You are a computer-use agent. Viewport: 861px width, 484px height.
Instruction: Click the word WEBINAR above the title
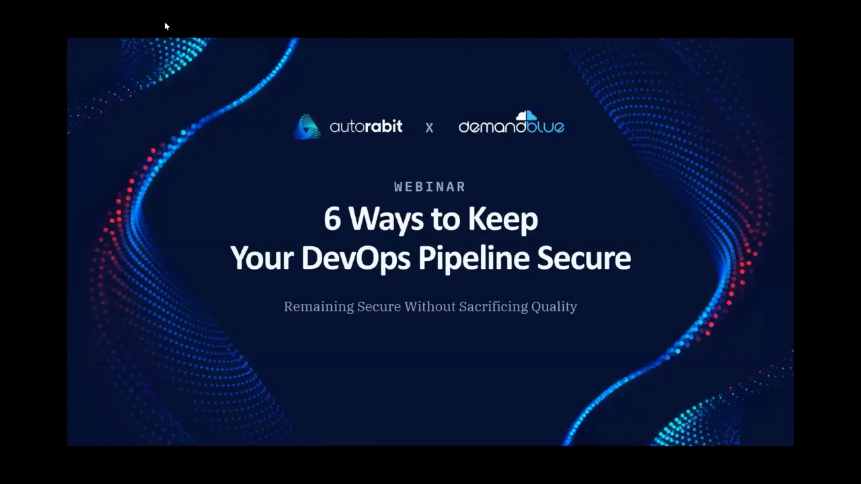pyautogui.click(x=430, y=187)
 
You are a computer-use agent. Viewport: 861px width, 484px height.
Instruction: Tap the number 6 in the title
pyautogui.click(x=332, y=220)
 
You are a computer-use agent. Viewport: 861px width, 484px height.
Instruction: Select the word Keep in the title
pyautogui.click(x=502, y=220)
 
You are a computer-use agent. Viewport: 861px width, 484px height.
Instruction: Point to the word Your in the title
pyautogui.click(x=261, y=259)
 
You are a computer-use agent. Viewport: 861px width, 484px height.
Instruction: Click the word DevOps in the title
pyautogui.click(x=355, y=259)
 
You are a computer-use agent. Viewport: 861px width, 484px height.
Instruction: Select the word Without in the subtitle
pyautogui.click(x=429, y=307)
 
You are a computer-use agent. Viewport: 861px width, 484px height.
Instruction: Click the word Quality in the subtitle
pyautogui.click(x=554, y=307)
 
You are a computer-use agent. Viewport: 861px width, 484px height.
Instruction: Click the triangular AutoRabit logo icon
pyautogui.click(x=307, y=126)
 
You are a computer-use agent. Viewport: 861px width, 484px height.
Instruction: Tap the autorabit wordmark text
pyautogui.click(x=366, y=126)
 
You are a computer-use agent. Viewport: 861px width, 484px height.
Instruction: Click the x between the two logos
pyautogui.click(x=429, y=127)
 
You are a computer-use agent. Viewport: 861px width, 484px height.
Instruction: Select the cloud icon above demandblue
pyautogui.click(x=526, y=116)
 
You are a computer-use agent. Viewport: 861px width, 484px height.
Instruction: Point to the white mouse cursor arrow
pyautogui.click(x=167, y=26)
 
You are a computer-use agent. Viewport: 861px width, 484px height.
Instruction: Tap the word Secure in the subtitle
pyautogui.click(x=379, y=307)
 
